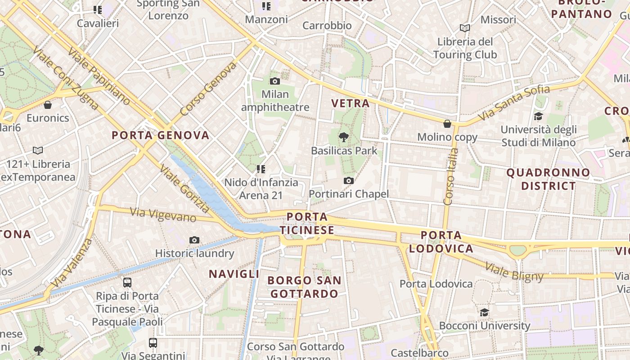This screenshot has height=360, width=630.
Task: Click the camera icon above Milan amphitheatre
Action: (x=275, y=81)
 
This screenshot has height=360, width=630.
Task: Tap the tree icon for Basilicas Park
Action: (x=344, y=137)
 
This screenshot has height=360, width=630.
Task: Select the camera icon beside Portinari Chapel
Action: (x=348, y=181)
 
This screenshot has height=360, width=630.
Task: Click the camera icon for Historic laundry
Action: (x=194, y=240)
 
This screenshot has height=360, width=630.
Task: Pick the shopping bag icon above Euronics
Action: (x=48, y=105)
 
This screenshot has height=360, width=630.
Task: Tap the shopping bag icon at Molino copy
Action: (x=447, y=124)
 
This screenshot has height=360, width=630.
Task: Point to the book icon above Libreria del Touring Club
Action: (x=465, y=28)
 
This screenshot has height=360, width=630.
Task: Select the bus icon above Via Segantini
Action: (x=153, y=343)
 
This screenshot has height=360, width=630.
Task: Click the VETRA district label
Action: (x=350, y=103)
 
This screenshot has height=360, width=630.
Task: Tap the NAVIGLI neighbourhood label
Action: (x=234, y=274)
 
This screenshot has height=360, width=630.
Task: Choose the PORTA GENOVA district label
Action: (x=161, y=135)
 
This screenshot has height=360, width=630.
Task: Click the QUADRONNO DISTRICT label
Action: (x=548, y=179)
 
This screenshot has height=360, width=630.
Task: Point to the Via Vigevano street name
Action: (x=163, y=215)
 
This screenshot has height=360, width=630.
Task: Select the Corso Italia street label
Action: (x=451, y=177)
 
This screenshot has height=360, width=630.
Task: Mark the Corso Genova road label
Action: (x=208, y=90)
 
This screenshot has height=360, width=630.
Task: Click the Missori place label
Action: (x=498, y=20)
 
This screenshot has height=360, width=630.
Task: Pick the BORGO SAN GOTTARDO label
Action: (x=304, y=287)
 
